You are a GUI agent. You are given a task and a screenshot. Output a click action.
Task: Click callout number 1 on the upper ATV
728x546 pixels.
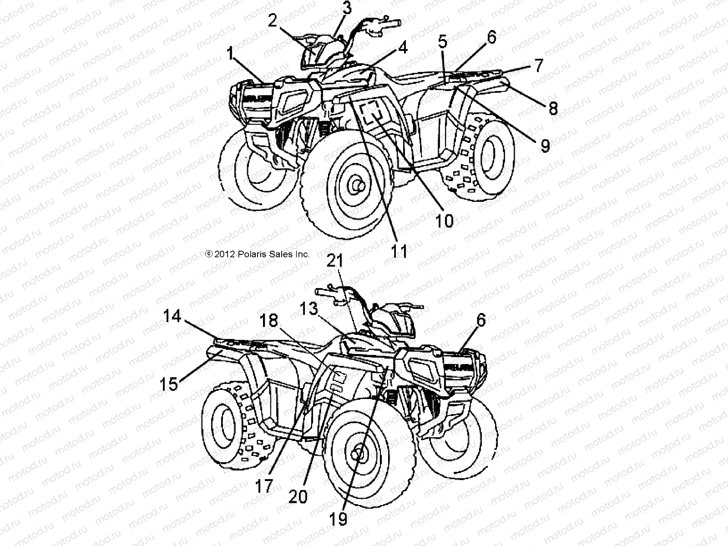click(x=231, y=55)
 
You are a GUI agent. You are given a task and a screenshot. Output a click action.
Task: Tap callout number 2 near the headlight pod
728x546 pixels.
click(x=273, y=21)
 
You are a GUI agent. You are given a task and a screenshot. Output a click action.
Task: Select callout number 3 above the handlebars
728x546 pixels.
click(x=347, y=8)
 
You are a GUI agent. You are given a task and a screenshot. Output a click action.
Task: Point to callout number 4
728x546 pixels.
click(x=403, y=47)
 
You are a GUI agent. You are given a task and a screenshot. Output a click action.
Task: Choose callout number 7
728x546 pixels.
click(x=538, y=66)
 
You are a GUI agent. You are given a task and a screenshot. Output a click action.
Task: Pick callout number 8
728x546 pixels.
click(x=553, y=108)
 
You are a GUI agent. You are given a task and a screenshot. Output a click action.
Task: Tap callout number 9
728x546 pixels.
click(x=545, y=145)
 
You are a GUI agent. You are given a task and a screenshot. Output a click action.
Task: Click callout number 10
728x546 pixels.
click(x=444, y=221)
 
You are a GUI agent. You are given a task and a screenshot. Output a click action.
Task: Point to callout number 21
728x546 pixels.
click(x=338, y=262)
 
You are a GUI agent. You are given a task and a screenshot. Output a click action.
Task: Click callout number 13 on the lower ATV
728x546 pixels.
click(x=309, y=309)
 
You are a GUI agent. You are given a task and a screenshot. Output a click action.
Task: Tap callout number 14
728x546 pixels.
click(x=172, y=316)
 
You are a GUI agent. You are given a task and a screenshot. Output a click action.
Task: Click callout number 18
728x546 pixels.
click(x=268, y=321)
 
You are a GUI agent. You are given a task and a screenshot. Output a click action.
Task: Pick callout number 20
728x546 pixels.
click(x=298, y=496)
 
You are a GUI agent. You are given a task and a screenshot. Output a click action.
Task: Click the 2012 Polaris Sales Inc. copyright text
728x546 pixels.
click(x=258, y=254)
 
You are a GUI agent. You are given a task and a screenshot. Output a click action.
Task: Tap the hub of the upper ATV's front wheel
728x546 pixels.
click(x=355, y=185)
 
